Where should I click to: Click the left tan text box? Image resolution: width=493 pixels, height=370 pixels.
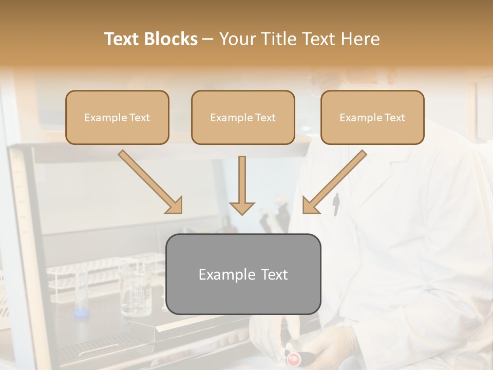pyautogui.click(x=117, y=117)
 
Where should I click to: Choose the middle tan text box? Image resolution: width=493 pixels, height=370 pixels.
pyautogui.click(x=243, y=117)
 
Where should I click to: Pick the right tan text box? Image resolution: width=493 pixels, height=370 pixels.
pyautogui.click(x=372, y=117)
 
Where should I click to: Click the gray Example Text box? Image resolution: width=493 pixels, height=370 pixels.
pyautogui.click(x=243, y=274)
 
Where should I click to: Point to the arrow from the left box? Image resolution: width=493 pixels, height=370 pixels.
pyautogui.click(x=149, y=181)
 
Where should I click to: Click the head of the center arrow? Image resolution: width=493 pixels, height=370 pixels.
pyautogui.click(x=242, y=208)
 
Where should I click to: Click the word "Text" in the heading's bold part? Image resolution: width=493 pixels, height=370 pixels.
pyautogui.click(x=122, y=39)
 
